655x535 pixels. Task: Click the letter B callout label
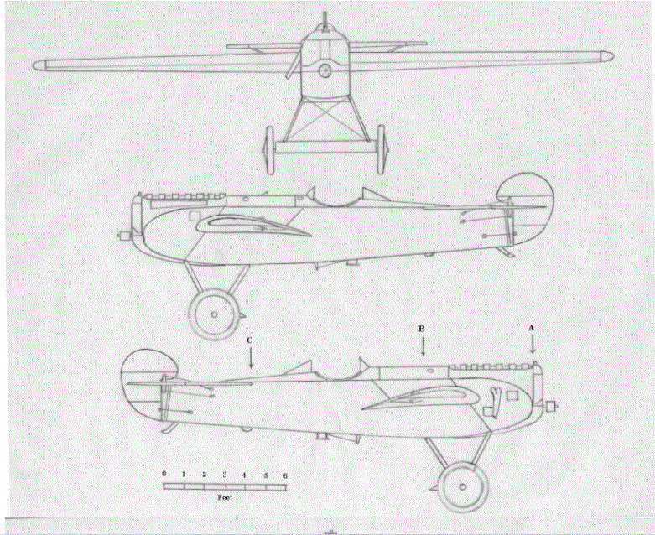pos(422,329)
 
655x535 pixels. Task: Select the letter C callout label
pos(250,340)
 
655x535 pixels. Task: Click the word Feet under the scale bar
pos(224,496)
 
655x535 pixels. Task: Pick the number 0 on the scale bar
pos(164,475)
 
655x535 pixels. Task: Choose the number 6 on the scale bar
pos(285,475)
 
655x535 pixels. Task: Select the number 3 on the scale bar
pos(225,475)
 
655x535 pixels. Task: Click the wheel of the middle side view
pos(214,314)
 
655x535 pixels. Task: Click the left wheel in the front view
pos(270,149)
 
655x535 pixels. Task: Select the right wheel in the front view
pos(382,149)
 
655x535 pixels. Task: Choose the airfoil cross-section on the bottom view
pos(417,397)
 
